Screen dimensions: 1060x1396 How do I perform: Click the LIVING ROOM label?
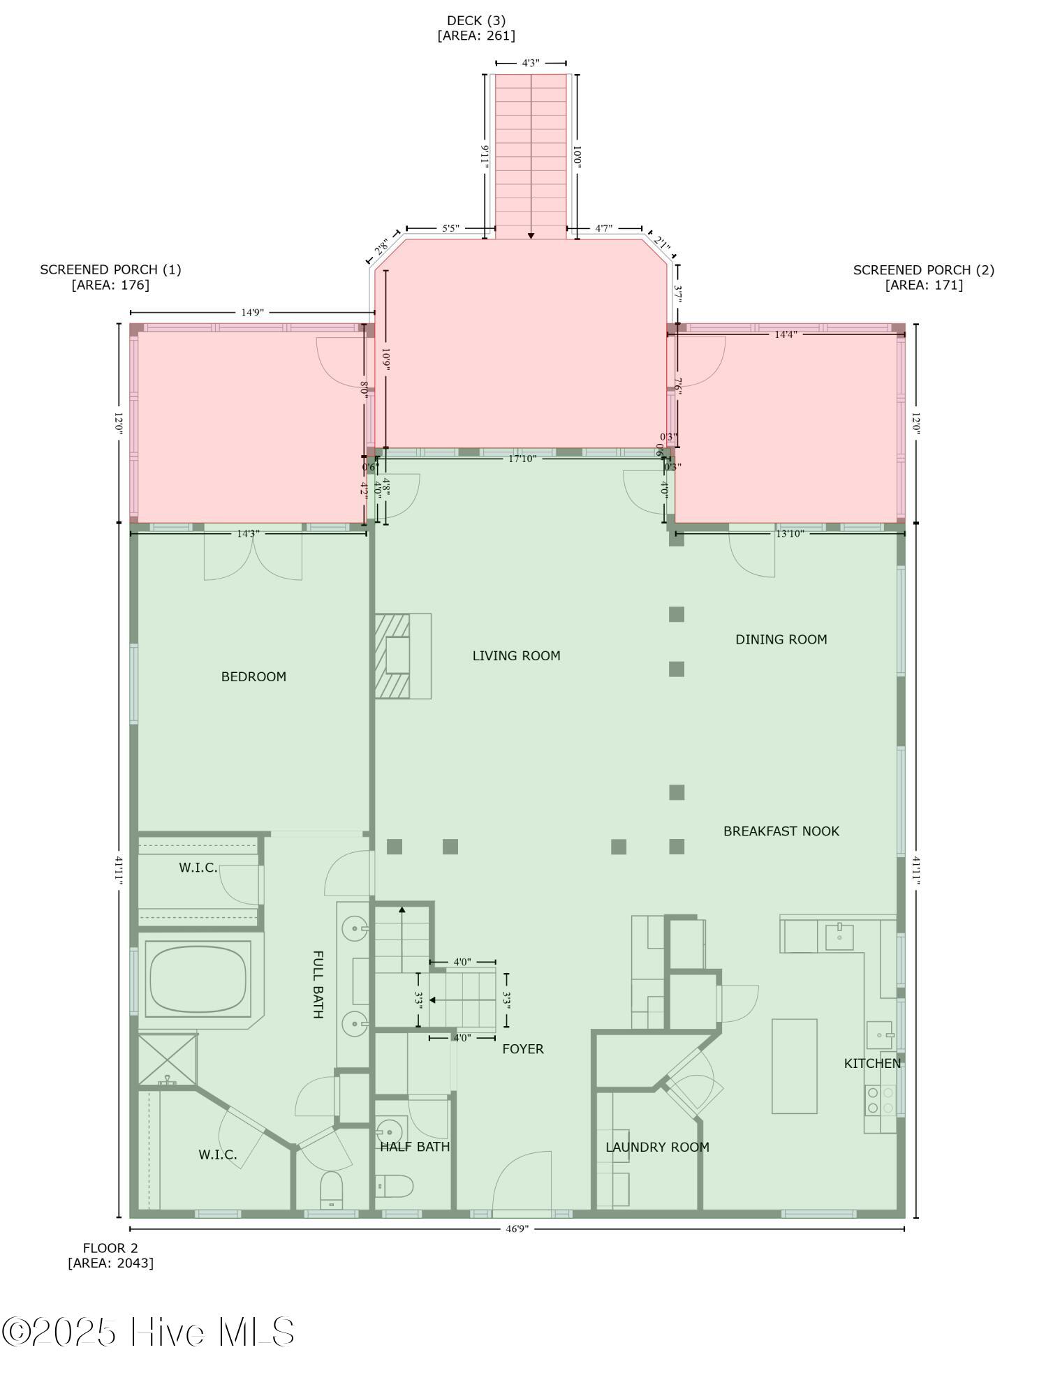tap(516, 655)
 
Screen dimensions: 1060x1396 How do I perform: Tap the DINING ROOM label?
tap(781, 639)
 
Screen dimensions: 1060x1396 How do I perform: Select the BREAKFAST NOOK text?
tap(781, 831)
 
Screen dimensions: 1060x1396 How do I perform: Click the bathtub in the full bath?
tap(198, 979)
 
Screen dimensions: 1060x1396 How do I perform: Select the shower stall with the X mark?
tap(167, 1060)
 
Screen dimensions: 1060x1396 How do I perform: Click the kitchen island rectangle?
tap(794, 1066)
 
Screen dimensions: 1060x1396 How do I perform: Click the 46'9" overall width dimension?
tap(517, 1228)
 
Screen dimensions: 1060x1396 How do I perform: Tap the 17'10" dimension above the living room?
tap(522, 459)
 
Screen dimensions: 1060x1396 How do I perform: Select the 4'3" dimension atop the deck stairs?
tap(531, 63)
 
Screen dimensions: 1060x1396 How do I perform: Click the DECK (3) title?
tap(476, 20)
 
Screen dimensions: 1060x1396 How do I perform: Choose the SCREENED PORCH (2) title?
tap(923, 269)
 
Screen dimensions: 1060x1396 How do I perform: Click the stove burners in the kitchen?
tap(880, 1100)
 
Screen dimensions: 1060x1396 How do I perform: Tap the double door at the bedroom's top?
tap(253, 556)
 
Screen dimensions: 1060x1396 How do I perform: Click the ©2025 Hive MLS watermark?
tap(148, 1332)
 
